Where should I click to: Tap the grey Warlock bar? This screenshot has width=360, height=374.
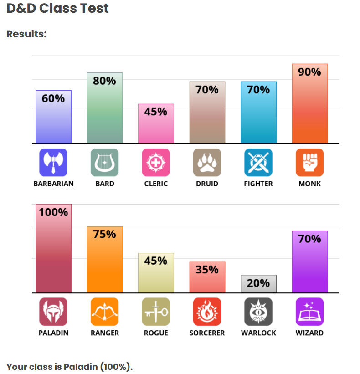(258, 283)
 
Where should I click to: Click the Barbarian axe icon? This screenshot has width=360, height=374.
(54, 163)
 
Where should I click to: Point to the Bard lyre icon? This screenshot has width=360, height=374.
(105, 163)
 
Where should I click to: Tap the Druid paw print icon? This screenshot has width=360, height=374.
(207, 163)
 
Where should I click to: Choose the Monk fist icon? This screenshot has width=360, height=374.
(309, 163)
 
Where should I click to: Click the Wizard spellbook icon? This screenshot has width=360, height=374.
(309, 312)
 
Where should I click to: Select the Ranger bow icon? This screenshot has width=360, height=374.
(105, 312)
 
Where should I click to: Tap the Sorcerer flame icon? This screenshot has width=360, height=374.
(207, 312)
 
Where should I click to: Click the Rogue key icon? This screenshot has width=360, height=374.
(156, 312)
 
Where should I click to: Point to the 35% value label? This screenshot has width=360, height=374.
(207, 270)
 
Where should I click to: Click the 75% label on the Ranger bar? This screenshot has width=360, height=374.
(105, 234)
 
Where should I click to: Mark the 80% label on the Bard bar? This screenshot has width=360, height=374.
(105, 81)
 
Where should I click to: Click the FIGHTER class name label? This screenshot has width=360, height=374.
(258, 184)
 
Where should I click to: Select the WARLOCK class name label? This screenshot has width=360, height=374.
(258, 333)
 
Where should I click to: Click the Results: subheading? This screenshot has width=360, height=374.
(27, 34)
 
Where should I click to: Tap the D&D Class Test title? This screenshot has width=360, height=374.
(58, 9)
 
